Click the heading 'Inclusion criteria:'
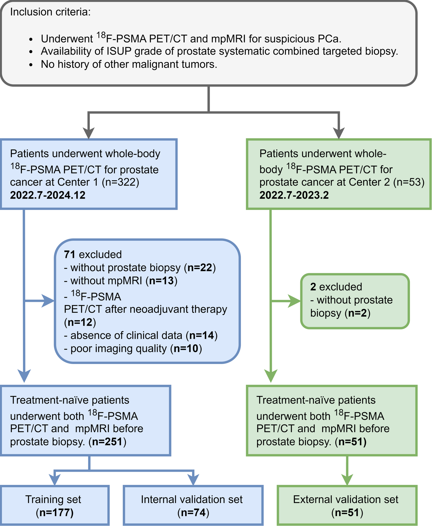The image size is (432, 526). point(50,12)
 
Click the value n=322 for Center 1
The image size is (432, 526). point(121,182)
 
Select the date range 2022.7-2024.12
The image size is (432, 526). point(48,195)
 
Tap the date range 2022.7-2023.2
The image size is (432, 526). point(294,195)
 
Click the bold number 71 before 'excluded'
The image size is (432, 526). point(69,254)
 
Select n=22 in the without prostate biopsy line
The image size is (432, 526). point(200,268)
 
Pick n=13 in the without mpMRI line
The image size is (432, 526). point(161,281)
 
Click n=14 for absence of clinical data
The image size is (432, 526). point(202,335)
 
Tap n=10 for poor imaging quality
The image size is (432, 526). point(186,348)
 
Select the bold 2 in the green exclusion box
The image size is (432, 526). point(313,287)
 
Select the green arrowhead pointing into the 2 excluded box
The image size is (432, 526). point(294,301)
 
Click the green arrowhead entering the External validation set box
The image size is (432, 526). point(347,479)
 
